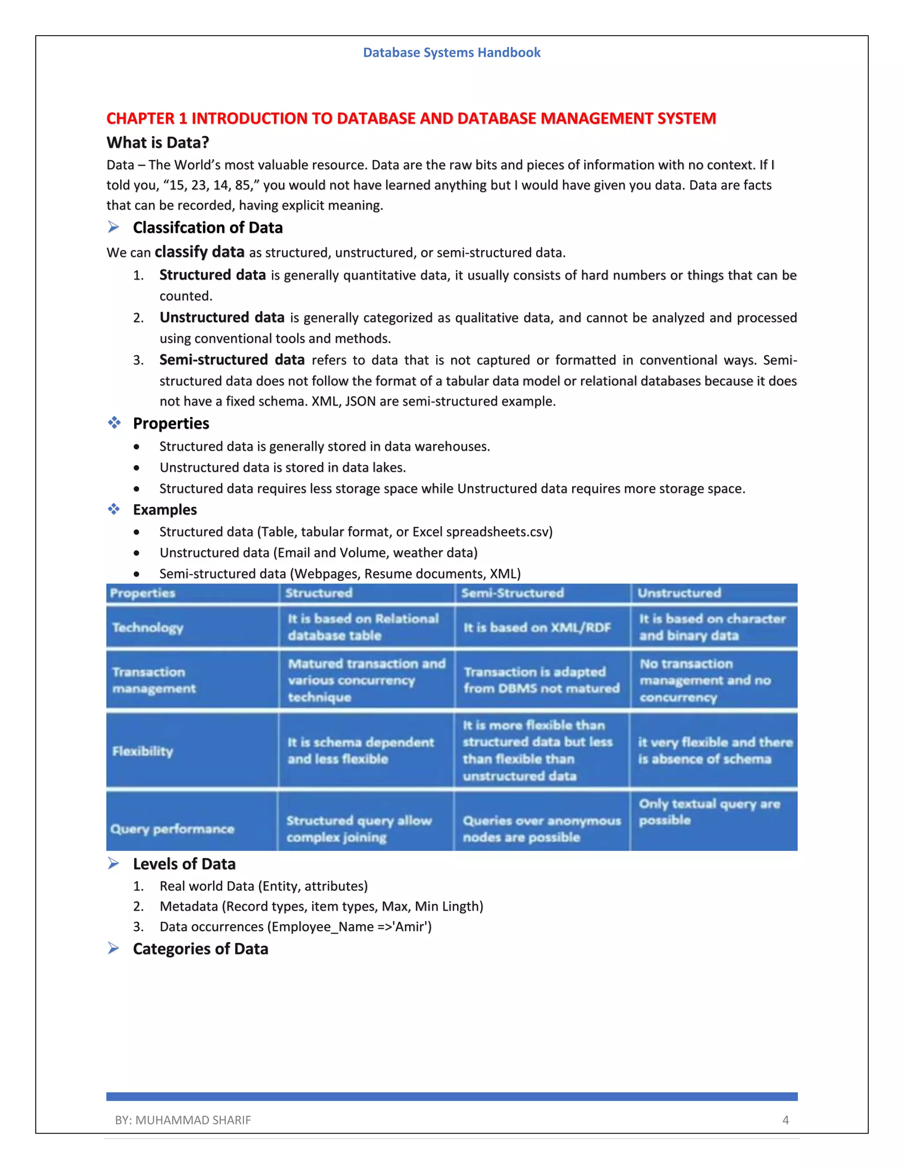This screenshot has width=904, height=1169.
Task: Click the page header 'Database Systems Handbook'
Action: (x=452, y=52)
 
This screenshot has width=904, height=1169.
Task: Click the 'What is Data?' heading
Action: (x=158, y=142)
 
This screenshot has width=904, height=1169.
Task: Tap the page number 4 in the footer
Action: (x=785, y=1120)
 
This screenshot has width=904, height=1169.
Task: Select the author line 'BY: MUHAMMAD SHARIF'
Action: (x=183, y=1120)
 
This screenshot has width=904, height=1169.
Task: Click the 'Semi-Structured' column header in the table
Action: (x=512, y=592)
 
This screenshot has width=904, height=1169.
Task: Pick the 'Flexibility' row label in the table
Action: (x=143, y=751)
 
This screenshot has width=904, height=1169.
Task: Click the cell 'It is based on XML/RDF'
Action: (x=537, y=627)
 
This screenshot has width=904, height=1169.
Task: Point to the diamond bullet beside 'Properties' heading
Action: (x=114, y=423)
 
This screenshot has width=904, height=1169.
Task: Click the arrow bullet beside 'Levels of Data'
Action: (x=113, y=863)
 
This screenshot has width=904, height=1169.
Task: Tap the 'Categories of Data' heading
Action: (x=200, y=948)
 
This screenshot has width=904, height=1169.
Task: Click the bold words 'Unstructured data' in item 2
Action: (x=222, y=318)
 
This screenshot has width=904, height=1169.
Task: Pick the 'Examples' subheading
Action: (x=164, y=510)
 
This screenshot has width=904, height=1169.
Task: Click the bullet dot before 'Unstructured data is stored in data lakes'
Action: (x=137, y=468)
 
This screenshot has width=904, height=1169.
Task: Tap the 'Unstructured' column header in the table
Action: (x=678, y=592)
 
